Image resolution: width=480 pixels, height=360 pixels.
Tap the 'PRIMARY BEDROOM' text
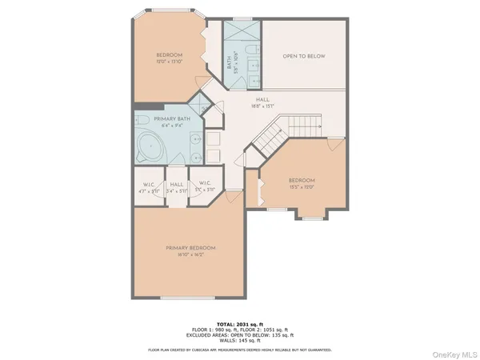[192, 248]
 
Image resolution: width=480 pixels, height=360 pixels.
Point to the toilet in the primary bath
[142, 121]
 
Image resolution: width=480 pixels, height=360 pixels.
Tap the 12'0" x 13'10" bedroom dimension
[169, 62]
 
